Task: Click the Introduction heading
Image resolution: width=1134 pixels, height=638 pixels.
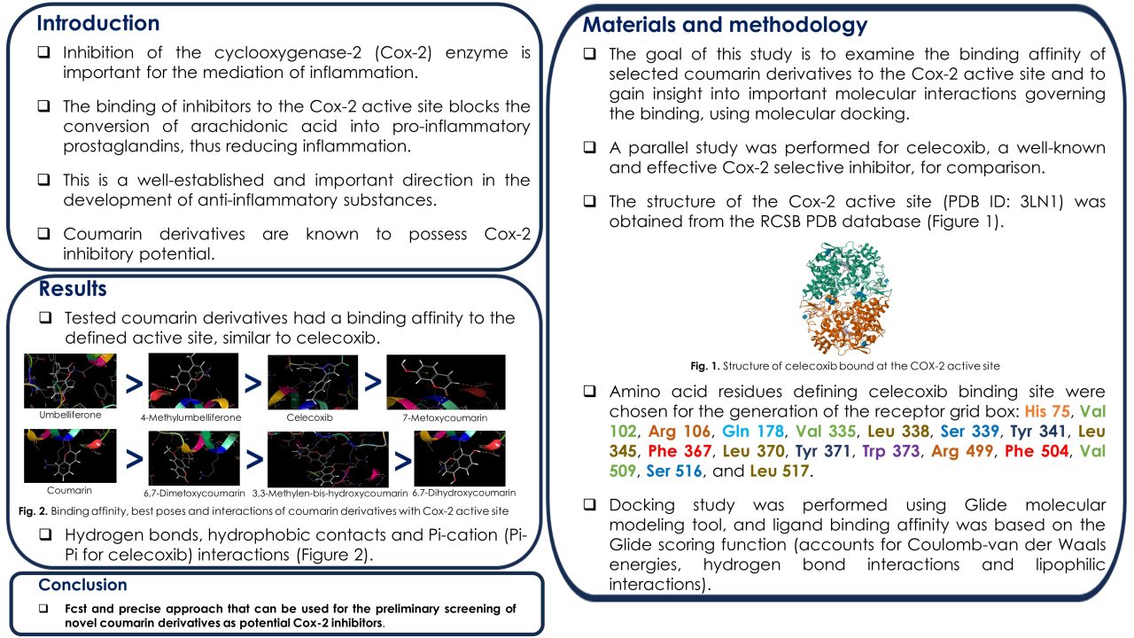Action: click(x=98, y=23)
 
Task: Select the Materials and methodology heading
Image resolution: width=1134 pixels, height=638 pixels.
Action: click(x=725, y=25)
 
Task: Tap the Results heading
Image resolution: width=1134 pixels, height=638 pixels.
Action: click(x=73, y=289)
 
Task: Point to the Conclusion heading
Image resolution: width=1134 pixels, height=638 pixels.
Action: click(x=83, y=585)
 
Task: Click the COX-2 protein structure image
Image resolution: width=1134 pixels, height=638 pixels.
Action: click(x=845, y=298)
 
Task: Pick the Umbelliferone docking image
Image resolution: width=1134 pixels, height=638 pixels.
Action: click(x=70, y=381)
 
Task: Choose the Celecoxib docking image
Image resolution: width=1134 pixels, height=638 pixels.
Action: click(x=313, y=382)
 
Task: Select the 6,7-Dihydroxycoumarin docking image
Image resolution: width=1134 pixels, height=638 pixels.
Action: click(x=460, y=458)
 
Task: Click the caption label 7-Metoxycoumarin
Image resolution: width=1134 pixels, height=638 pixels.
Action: click(x=445, y=417)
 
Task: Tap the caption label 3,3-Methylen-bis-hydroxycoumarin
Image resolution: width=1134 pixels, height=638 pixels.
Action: click(x=330, y=494)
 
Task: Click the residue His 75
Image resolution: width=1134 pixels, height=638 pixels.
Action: click(x=1047, y=411)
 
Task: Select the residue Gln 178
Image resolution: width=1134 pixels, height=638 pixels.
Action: click(x=753, y=432)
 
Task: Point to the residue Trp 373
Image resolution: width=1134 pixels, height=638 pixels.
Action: click(x=891, y=451)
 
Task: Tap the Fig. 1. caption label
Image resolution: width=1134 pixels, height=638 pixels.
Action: click(x=704, y=366)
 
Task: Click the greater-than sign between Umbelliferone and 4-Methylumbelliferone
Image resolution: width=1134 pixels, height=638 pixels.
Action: click(x=134, y=385)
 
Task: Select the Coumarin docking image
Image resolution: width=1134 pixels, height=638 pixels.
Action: click(x=70, y=455)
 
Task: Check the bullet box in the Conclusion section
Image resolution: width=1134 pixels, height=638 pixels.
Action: click(x=44, y=608)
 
